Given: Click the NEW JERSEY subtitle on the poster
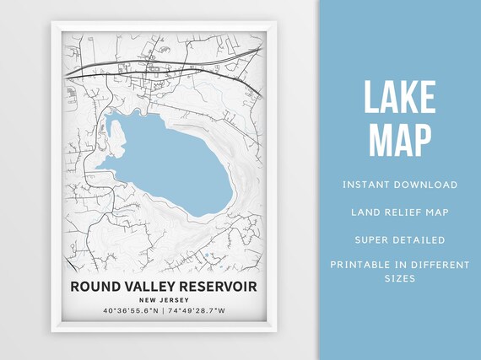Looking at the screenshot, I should point(164,301).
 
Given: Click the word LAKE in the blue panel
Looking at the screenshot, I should point(401,98).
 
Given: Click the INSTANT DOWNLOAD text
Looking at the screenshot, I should point(400,184).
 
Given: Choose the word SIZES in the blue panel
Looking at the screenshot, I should point(400,277).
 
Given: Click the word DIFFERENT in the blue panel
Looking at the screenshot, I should point(440,265).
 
